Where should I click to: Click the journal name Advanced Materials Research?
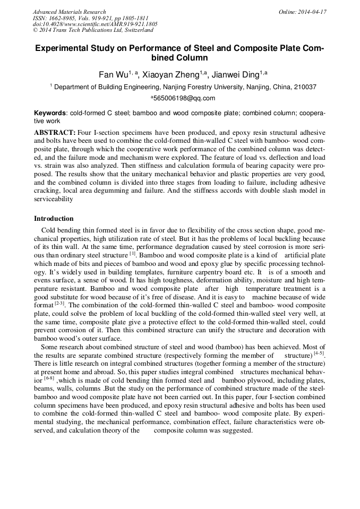pyautogui.click(x=69, y=12)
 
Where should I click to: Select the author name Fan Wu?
pyautogui.click(x=112, y=74)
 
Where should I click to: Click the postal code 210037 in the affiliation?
pyautogui.click(x=304, y=87)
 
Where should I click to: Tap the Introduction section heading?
pyautogui.click(x=54, y=219)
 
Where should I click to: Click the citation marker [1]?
pyautogui.click(x=133, y=253)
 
